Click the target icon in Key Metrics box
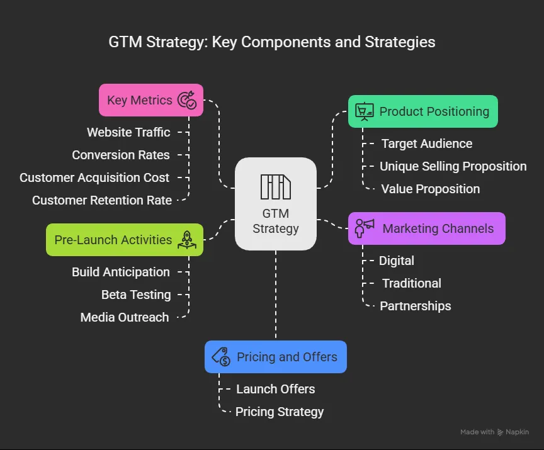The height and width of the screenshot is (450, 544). point(187,100)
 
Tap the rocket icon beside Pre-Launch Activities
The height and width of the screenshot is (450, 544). point(187,240)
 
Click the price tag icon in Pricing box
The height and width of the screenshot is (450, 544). point(221,357)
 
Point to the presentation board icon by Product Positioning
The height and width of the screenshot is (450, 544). point(364,111)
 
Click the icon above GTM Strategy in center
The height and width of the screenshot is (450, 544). point(276,186)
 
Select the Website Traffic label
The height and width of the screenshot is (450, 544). point(128,132)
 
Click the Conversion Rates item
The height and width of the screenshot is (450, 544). point(121,155)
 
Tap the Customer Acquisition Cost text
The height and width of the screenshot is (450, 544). point(94,177)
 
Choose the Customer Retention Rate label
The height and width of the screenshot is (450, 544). point(102,200)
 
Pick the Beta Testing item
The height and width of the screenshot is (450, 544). point(136,295)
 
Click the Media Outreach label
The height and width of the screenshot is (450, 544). point(125,317)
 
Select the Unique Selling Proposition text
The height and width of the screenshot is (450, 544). point(453,166)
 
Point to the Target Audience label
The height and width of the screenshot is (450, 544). point(427,143)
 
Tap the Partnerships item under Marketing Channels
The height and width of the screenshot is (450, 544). point(416,306)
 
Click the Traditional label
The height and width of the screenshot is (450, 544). point(412,283)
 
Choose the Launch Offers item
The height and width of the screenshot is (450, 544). point(276,389)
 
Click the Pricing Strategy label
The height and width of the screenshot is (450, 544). point(280,412)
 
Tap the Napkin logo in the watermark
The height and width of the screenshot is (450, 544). point(501,432)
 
